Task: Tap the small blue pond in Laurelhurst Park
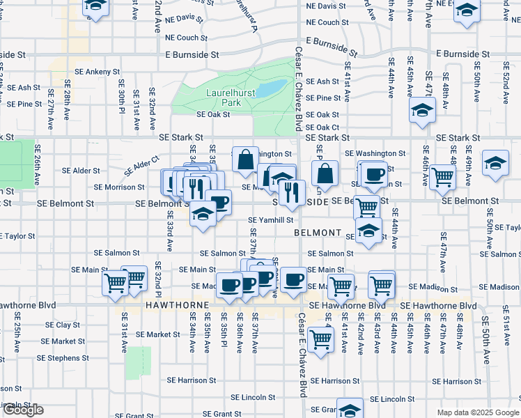pyautogui.click(x=272, y=88)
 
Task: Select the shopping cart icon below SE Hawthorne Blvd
pyautogui.click(x=320, y=340)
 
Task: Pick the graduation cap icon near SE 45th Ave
pyautogui.click(x=421, y=111)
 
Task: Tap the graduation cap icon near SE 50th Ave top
pyautogui.click(x=467, y=12)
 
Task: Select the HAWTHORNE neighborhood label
pyautogui.click(x=175, y=306)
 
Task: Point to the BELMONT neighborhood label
pyautogui.click(x=317, y=232)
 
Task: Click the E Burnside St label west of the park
pyautogui.click(x=192, y=54)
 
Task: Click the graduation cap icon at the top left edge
pyautogui.click(x=95, y=6)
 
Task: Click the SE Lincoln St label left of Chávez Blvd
pyautogui.click(x=255, y=397)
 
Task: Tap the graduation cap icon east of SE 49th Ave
pyautogui.click(x=495, y=163)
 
